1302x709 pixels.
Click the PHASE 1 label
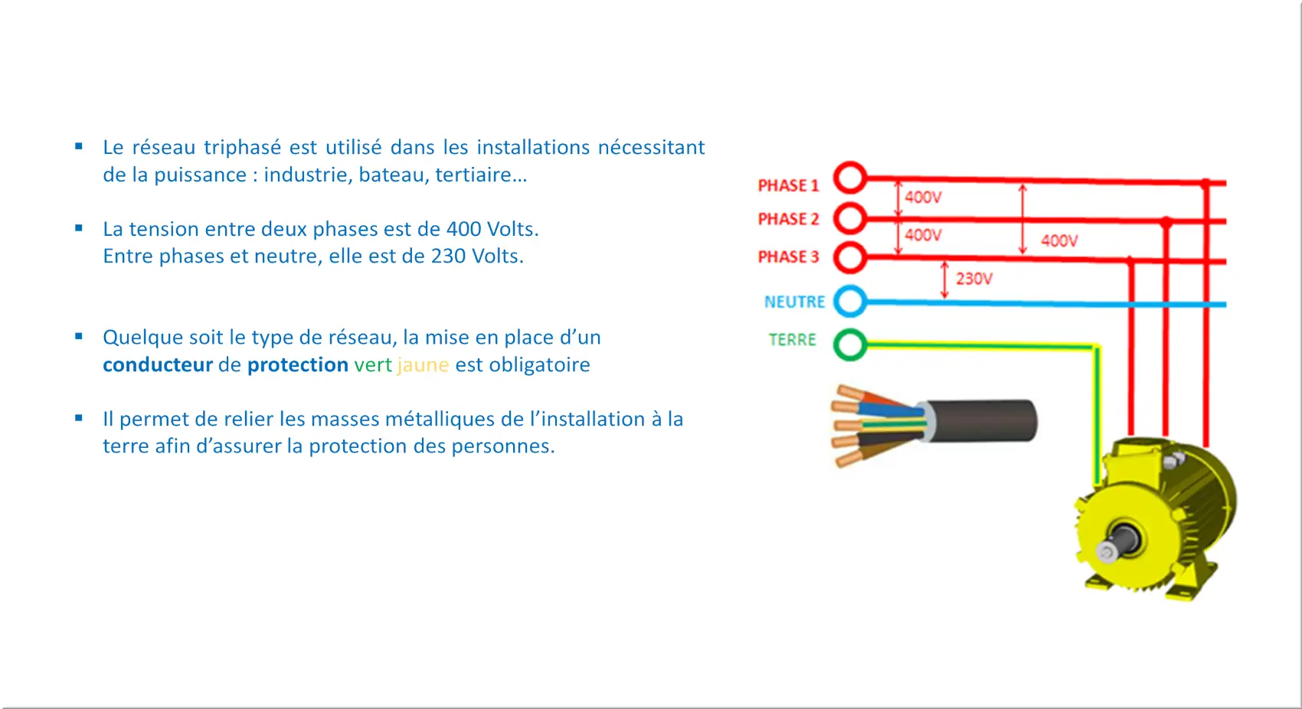(788, 185)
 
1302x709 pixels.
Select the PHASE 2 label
(788, 219)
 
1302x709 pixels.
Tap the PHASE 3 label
(788, 256)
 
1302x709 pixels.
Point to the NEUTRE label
(794, 302)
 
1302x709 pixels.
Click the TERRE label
(792, 339)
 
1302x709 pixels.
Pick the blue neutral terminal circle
(850, 288)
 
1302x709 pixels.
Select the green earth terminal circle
(850, 331)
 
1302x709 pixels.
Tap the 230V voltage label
(974, 279)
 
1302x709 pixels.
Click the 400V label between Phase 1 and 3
(1059, 240)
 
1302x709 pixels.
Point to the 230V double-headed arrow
(944, 280)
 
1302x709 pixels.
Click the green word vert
(372, 365)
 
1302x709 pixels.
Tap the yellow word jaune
(423, 365)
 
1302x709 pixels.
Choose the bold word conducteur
(158, 365)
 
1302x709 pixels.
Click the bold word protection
(298, 365)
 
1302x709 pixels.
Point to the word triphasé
(240, 148)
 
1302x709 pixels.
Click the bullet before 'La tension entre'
(78, 228)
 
